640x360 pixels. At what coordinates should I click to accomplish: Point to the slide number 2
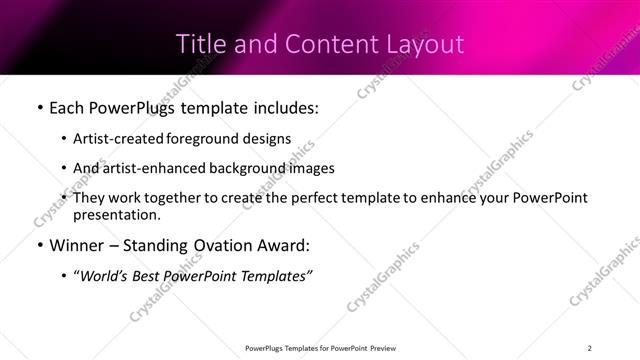click(589, 348)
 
